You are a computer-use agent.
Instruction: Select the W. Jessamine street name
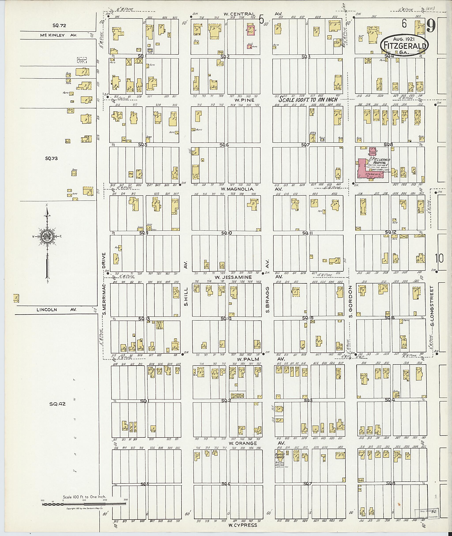(233, 277)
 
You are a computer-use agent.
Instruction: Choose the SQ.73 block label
(51, 158)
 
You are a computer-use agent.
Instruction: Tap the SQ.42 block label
(57, 404)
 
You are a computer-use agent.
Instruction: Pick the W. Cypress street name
(243, 525)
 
